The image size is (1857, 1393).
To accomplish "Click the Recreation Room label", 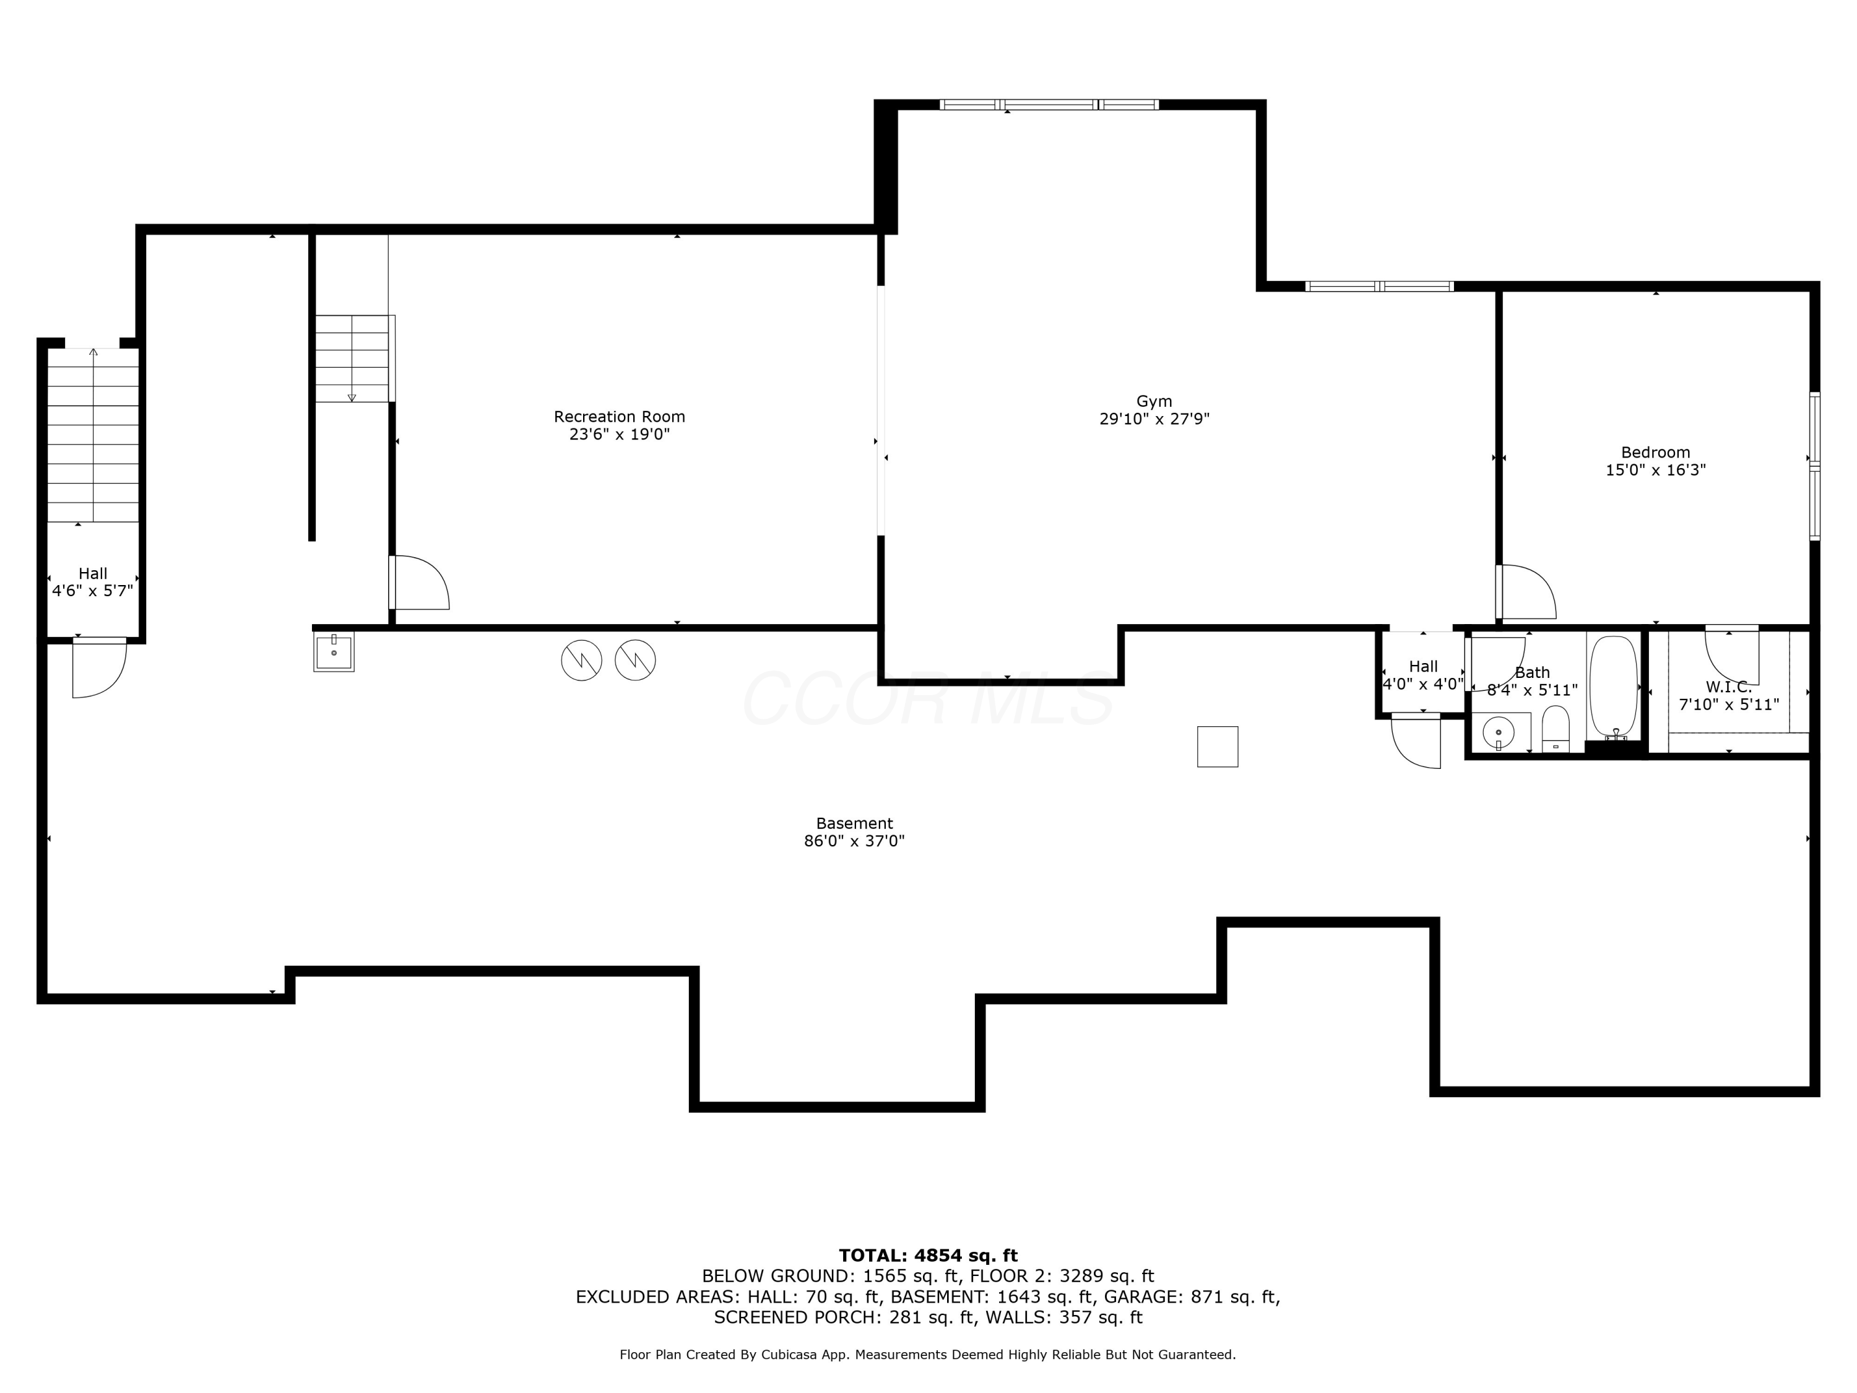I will [x=619, y=417].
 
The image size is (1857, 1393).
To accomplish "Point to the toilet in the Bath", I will [x=1555, y=728].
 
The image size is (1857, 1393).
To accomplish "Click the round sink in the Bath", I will [x=1498, y=732].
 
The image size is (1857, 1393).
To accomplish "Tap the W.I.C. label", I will [x=1728, y=687].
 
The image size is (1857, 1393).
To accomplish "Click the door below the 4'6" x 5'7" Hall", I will [x=99, y=669].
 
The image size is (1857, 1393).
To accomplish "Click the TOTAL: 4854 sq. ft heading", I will [x=928, y=1256].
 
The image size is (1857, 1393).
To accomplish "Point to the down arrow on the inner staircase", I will [x=352, y=396].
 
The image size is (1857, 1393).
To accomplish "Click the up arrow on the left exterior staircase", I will [x=93, y=353].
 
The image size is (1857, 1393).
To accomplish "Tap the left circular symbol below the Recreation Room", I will [x=581, y=660].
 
